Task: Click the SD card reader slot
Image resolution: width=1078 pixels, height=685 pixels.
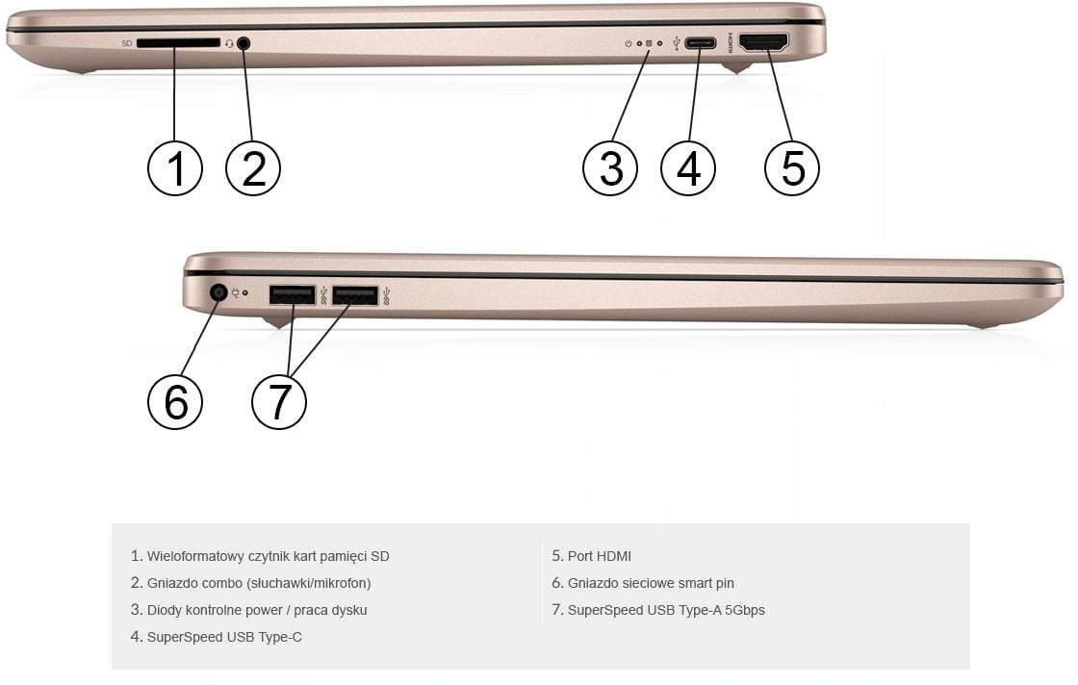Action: tap(178, 43)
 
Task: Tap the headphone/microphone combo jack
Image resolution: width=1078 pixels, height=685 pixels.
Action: tap(244, 44)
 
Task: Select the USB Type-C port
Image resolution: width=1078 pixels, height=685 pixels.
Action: tap(701, 43)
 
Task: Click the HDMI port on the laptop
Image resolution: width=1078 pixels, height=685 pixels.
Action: tap(764, 42)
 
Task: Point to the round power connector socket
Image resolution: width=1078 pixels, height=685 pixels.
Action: tap(218, 292)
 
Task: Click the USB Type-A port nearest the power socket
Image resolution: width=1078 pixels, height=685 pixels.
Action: tap(293, 295)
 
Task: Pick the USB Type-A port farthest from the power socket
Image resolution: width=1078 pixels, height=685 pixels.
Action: tap(355, 295)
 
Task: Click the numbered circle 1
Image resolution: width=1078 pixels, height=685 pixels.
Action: tap(175, 168)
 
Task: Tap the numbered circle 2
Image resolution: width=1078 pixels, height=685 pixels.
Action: tap(253, 168)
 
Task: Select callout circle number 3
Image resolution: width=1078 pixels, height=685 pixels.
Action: tap(610, 168)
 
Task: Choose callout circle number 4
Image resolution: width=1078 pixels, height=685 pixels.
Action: tap(688, 168)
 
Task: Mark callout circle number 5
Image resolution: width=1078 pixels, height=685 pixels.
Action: tap(792, 168)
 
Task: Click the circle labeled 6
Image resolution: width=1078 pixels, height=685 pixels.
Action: tap(175, 402)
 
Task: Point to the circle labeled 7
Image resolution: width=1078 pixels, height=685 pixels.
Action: tap(279, 402)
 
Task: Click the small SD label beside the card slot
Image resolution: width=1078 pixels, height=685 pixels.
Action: tap(126, 43)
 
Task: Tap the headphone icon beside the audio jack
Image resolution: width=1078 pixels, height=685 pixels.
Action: tap(229, 44)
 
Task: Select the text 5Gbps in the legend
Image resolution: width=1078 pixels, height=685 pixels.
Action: tap(745, 610)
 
